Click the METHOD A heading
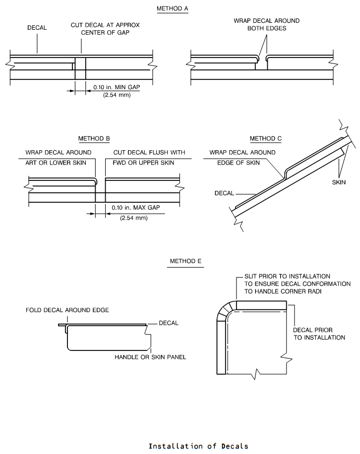coord(173,8)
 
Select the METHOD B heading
coord(94,138)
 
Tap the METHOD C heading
coord(266,138)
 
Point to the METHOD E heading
coord(185,261)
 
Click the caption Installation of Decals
coord(198,446)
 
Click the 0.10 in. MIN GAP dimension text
coord(117,87)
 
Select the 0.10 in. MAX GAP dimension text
coord(136,208)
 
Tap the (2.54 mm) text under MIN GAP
coord(117,95)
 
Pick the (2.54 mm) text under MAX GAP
coord(134,218)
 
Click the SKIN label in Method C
coord(339,182)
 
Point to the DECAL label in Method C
coord(224,193)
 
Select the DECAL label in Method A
coord(37,27)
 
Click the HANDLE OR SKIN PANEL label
coord(150,357)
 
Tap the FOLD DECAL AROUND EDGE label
coord(67,310)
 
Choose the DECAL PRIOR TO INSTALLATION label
coord(319,334)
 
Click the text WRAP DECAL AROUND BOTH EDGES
coord(267,24)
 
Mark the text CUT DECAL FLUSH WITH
coord(149,152)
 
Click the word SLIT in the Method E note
coord(250,276)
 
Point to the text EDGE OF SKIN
coord(239,163)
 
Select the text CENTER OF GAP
coord(105,32)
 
